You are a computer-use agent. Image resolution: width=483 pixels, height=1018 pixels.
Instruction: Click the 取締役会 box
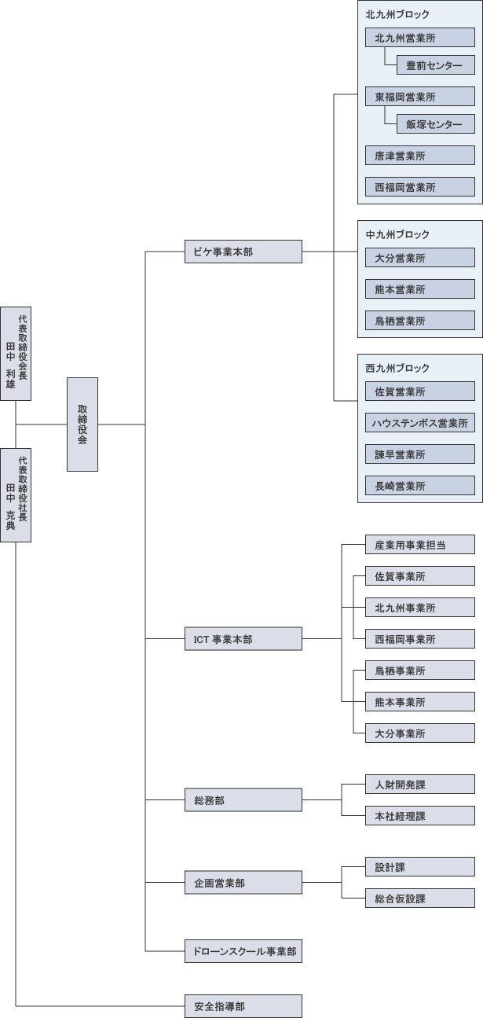pos(82,424)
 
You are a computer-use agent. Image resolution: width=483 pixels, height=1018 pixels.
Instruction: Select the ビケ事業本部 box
pos(243,252)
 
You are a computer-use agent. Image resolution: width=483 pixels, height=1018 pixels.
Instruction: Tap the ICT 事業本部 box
pos(243,639)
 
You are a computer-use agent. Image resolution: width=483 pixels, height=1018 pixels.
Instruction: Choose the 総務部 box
pos(243,800)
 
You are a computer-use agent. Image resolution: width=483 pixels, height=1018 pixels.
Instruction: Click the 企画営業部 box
pos(243,883)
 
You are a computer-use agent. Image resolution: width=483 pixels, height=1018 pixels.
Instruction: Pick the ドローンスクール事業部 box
pos(243,951)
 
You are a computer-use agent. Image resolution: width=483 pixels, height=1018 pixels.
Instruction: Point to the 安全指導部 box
pos(243,1005)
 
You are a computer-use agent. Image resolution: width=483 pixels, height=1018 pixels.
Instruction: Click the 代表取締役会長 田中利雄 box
pos(16,354)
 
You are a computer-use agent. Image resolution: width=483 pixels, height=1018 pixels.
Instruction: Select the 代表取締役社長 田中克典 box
pos(16,495)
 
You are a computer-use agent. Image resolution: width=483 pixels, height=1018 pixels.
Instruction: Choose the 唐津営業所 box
pos(420,156)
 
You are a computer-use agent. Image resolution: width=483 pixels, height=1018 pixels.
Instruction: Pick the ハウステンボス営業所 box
pos(420,423)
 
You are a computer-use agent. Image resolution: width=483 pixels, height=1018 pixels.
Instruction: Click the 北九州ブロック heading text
pos(397,15)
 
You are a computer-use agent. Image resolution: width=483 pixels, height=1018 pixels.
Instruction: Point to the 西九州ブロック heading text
pos(397,368)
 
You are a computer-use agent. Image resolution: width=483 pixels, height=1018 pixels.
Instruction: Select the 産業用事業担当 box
pos(420,545)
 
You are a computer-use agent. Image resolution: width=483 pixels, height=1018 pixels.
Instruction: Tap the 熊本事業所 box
pos(420,702)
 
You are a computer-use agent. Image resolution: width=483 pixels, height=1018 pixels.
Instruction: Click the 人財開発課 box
pos(420,785)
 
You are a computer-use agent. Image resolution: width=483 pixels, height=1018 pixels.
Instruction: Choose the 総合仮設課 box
pos(420,899)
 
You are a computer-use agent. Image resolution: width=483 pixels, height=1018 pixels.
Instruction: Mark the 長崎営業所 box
pos(420,486)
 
